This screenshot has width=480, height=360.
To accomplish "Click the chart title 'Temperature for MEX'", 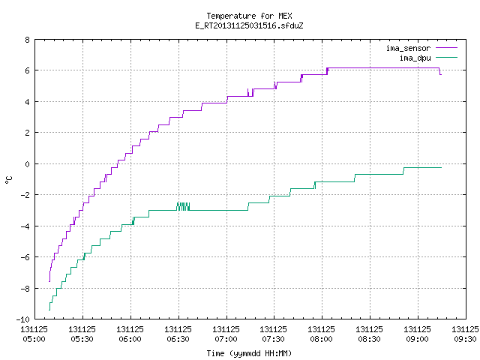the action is click(x=249, y=16).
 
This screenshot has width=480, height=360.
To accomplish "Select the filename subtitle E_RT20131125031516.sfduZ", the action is click(x=249, y=25).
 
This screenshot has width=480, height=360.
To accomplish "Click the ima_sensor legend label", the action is click(x=408, y=48).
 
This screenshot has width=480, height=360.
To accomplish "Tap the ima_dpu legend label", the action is click(x=415, y=58).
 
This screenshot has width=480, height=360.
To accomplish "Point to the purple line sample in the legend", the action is click(x=446, y=48).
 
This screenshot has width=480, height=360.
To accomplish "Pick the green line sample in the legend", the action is click(x=446, y=58).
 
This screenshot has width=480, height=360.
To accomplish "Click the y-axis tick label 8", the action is click(x=28, y=40).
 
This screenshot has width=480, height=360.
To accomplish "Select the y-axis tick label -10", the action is click(x=23, y=319).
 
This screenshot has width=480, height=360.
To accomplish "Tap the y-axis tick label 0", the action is click(x=28, y=164).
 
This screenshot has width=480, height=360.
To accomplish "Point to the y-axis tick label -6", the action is click(x=25, y=257).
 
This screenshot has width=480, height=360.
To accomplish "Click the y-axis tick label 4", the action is click(x=28, y=102).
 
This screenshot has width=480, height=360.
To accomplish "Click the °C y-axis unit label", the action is click(x=8, y=180).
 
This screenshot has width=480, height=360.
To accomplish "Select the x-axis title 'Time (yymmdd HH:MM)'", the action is click(x=249, y=353).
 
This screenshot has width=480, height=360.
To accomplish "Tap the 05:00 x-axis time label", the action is click(x=34, y=339).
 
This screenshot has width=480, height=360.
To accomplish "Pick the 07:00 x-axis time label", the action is click(x=226, y=339).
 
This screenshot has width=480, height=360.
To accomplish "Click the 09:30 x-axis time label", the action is click(x=465, y=339).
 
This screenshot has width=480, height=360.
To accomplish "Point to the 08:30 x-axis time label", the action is click(x=370, y=339).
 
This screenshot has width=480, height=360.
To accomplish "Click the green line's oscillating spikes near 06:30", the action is click(x=183, y=207).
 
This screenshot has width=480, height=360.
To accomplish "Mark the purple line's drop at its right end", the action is click(x=440, y=72).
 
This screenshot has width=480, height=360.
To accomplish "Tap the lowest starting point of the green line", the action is click(x=49, y=310).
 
